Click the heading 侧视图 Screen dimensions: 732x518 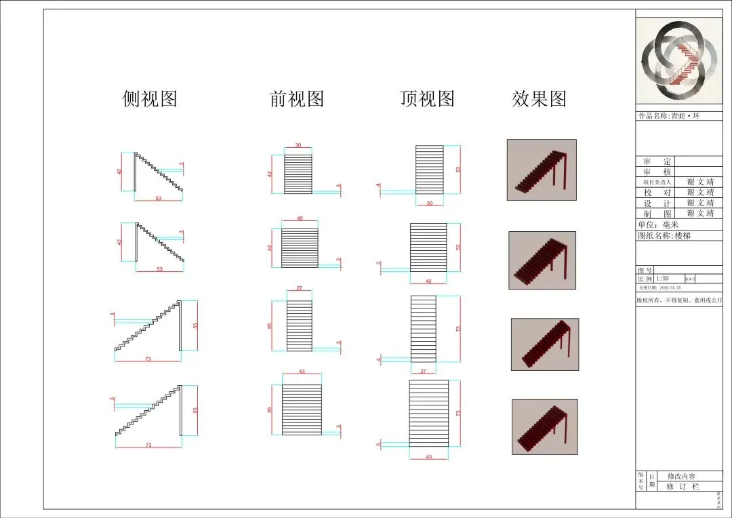[x=150, y=99]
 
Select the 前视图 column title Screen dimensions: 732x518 [x=297, y=99]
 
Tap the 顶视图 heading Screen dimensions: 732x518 [x=427, y=99]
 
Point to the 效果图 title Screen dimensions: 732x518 [x=539, y=99]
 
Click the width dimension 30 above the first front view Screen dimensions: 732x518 [x=298, y=146]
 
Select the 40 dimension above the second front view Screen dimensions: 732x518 [x=300, y=218]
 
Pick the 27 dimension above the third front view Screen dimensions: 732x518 [x=300, y=289]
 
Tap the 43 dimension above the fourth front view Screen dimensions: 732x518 [x=302, y=372]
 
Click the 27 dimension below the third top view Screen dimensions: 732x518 [x=424, y=371]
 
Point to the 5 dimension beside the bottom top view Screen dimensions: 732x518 [x=378, y=444]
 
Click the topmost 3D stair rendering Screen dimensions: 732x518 [x=542, y=170]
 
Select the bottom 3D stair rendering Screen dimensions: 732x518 [x=544, y=426]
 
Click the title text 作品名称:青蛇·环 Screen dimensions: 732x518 [x=669, y=116]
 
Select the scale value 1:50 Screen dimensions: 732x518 [x=662, y=279]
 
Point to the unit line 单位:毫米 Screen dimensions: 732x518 [x=657, y=224]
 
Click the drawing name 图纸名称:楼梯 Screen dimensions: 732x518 [x=664, y=236]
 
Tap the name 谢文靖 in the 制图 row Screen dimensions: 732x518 [x=700, y=214]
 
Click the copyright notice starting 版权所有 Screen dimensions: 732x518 [x=679, y=300]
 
